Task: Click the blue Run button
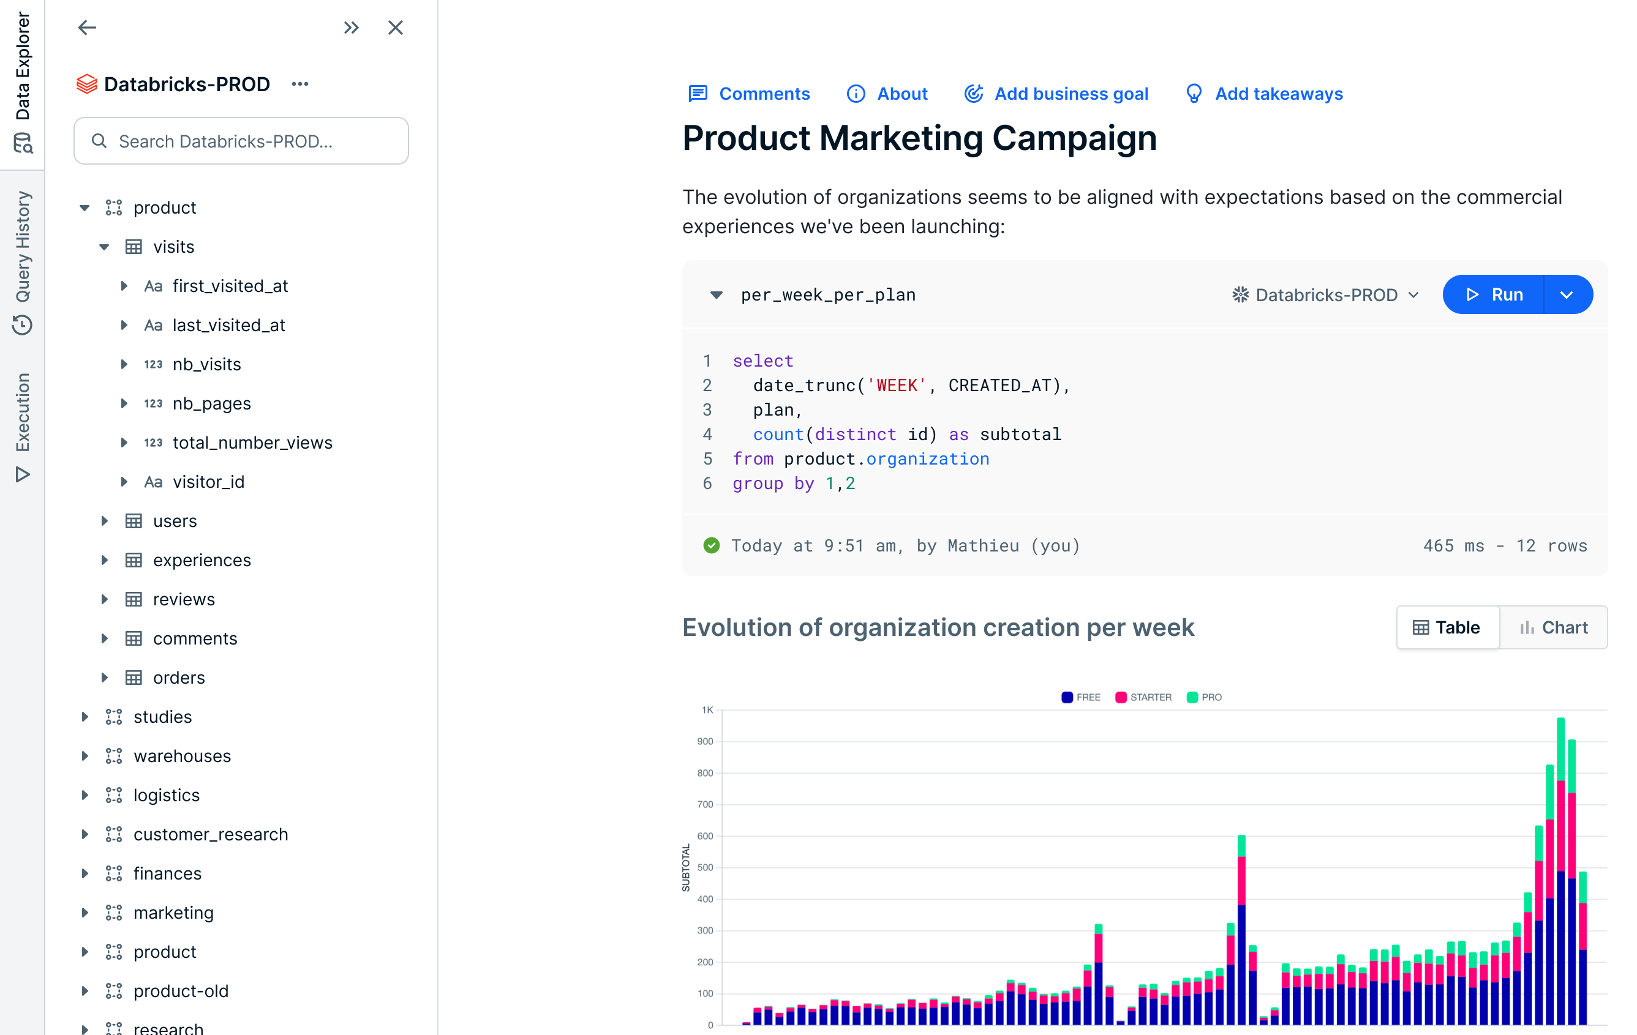1493,295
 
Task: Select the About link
887,94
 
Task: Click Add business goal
1056,94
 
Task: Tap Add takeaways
1265,94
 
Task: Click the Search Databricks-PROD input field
241,141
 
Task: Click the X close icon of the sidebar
396,28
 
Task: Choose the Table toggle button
1447,627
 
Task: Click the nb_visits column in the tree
206,364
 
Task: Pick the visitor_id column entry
208,482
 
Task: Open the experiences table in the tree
202,560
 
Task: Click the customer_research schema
211,834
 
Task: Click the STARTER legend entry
1144,697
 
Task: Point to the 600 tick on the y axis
705,836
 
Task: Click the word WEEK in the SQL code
897,386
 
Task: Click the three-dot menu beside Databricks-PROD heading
300,84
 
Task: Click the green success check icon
711,546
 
